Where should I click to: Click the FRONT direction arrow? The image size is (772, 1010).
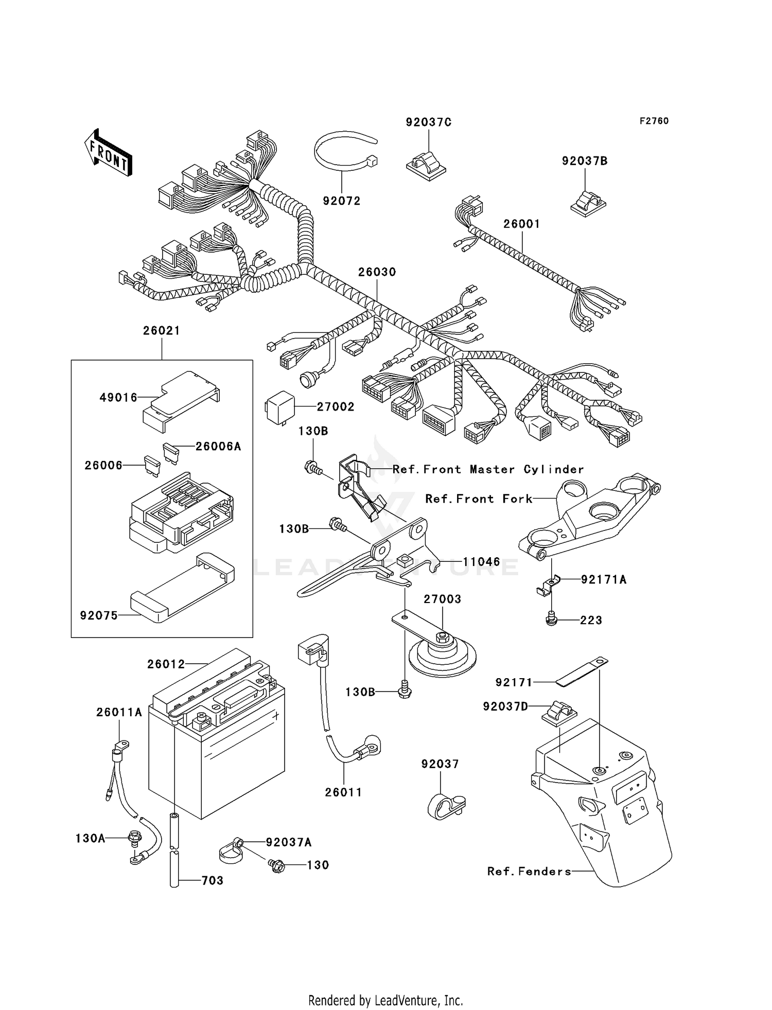[109, 153]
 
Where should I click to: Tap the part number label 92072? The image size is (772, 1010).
[342, 201]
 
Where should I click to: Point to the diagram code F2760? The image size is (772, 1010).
[654, 121]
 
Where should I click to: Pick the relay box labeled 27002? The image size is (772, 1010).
[280, 407]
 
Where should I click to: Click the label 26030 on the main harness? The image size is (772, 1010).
[377, 272]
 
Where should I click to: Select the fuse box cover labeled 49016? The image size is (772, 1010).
[180, 399]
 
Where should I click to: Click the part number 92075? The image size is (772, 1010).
[99, 615]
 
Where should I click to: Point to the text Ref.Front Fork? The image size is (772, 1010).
[479, 499]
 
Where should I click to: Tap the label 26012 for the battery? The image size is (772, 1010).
[166, 664]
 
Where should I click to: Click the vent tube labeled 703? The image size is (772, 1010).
[174, 870]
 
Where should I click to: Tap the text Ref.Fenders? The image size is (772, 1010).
[529, 871]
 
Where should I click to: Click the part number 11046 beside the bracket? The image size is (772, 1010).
[481, 562]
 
